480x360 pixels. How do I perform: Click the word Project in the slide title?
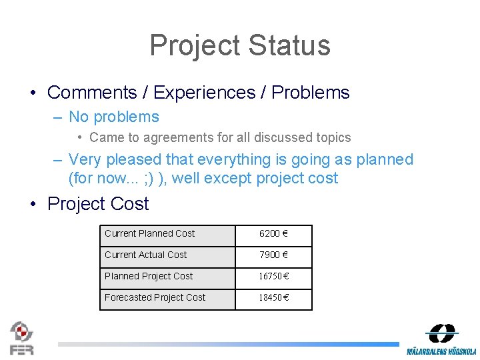(x=195, y=45)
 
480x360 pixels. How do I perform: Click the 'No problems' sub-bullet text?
(x=114, y=117)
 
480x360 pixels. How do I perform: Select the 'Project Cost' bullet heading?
(x=98, y=203)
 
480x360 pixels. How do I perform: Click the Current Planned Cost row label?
(x=150, y=233)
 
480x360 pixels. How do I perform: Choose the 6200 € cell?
(x=273, y=234)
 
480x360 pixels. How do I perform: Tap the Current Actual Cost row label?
(x=146, y=255)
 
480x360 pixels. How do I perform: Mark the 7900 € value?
(x=273, y=255)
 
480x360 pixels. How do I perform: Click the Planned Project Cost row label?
(x=149, y=276)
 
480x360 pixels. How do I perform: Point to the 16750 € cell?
(x=273, y=277)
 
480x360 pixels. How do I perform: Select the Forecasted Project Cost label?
(x=155, y=297)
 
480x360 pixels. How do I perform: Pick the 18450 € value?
(x=273, y=298)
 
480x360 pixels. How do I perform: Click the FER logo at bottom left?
(x=22, y=337)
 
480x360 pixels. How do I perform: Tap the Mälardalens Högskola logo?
(x=441, y=339)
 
